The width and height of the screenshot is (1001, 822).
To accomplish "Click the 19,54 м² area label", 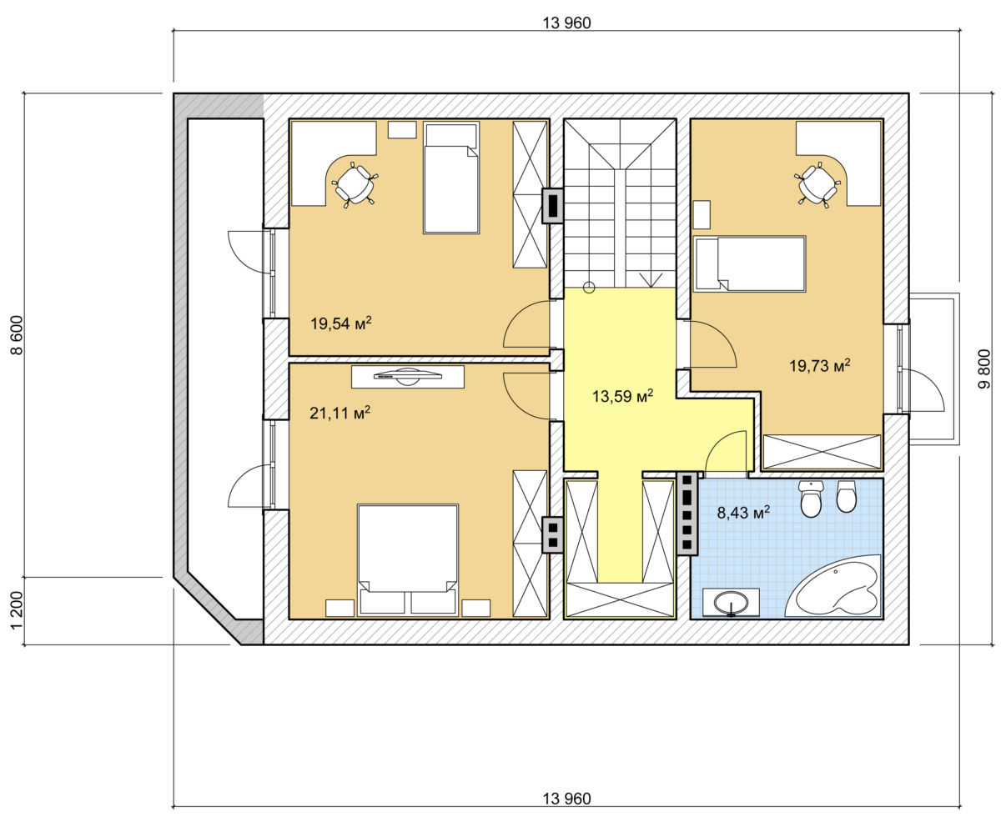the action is (341, 323).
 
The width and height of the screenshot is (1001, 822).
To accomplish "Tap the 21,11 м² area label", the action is (340, 413).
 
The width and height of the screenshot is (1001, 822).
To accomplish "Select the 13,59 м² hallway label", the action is (622, 396).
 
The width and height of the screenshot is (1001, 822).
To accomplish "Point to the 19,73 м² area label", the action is (820, 365).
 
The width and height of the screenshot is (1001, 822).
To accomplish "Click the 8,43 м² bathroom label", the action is (743, 512).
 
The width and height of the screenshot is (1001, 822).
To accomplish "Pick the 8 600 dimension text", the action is (17, 335).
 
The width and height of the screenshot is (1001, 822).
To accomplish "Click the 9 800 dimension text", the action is (985, 369).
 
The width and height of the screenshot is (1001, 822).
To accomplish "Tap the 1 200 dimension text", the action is (17, 610).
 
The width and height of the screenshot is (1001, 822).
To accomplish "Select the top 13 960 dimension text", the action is (566, 23).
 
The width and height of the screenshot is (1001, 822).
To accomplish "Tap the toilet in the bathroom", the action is (812, 499).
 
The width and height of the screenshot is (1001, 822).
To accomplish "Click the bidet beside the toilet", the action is (846, 497).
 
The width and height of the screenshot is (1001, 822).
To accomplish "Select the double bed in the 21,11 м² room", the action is (408, 559).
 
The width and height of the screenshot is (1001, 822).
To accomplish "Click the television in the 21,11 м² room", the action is (408, 376).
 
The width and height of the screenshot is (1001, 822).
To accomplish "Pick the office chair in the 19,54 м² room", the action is (355, 184).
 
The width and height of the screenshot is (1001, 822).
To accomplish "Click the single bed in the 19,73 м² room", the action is (749, 263).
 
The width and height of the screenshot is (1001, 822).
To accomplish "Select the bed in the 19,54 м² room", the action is (451, 178).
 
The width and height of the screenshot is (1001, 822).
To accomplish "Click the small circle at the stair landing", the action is (589, 287).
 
